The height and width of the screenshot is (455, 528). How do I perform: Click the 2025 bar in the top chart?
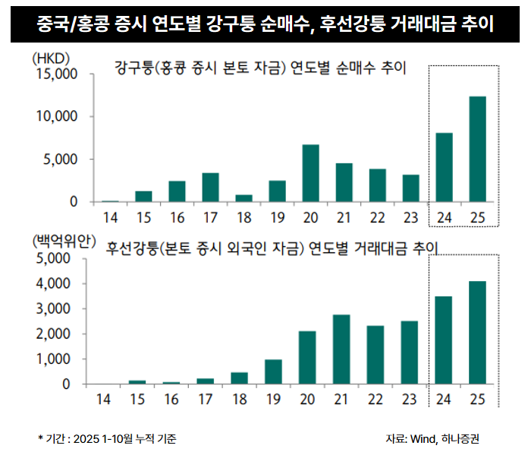[x=477, y=150]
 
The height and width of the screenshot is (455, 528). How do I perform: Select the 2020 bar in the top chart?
[x=310, y=173]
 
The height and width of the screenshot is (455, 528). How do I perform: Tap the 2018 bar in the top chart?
[x=244, y=198]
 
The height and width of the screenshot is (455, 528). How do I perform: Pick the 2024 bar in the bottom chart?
[x=444, y=340]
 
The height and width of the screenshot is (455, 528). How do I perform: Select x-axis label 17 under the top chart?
[x=210, y=217]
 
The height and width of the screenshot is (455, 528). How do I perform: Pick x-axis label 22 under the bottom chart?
[x=377, y=400]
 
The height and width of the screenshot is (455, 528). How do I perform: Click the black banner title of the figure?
[x=264, y=24]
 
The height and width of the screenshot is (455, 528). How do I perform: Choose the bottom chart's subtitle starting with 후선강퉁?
[x=273, y=248]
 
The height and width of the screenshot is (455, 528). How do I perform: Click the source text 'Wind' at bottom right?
[x=422, y=439]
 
